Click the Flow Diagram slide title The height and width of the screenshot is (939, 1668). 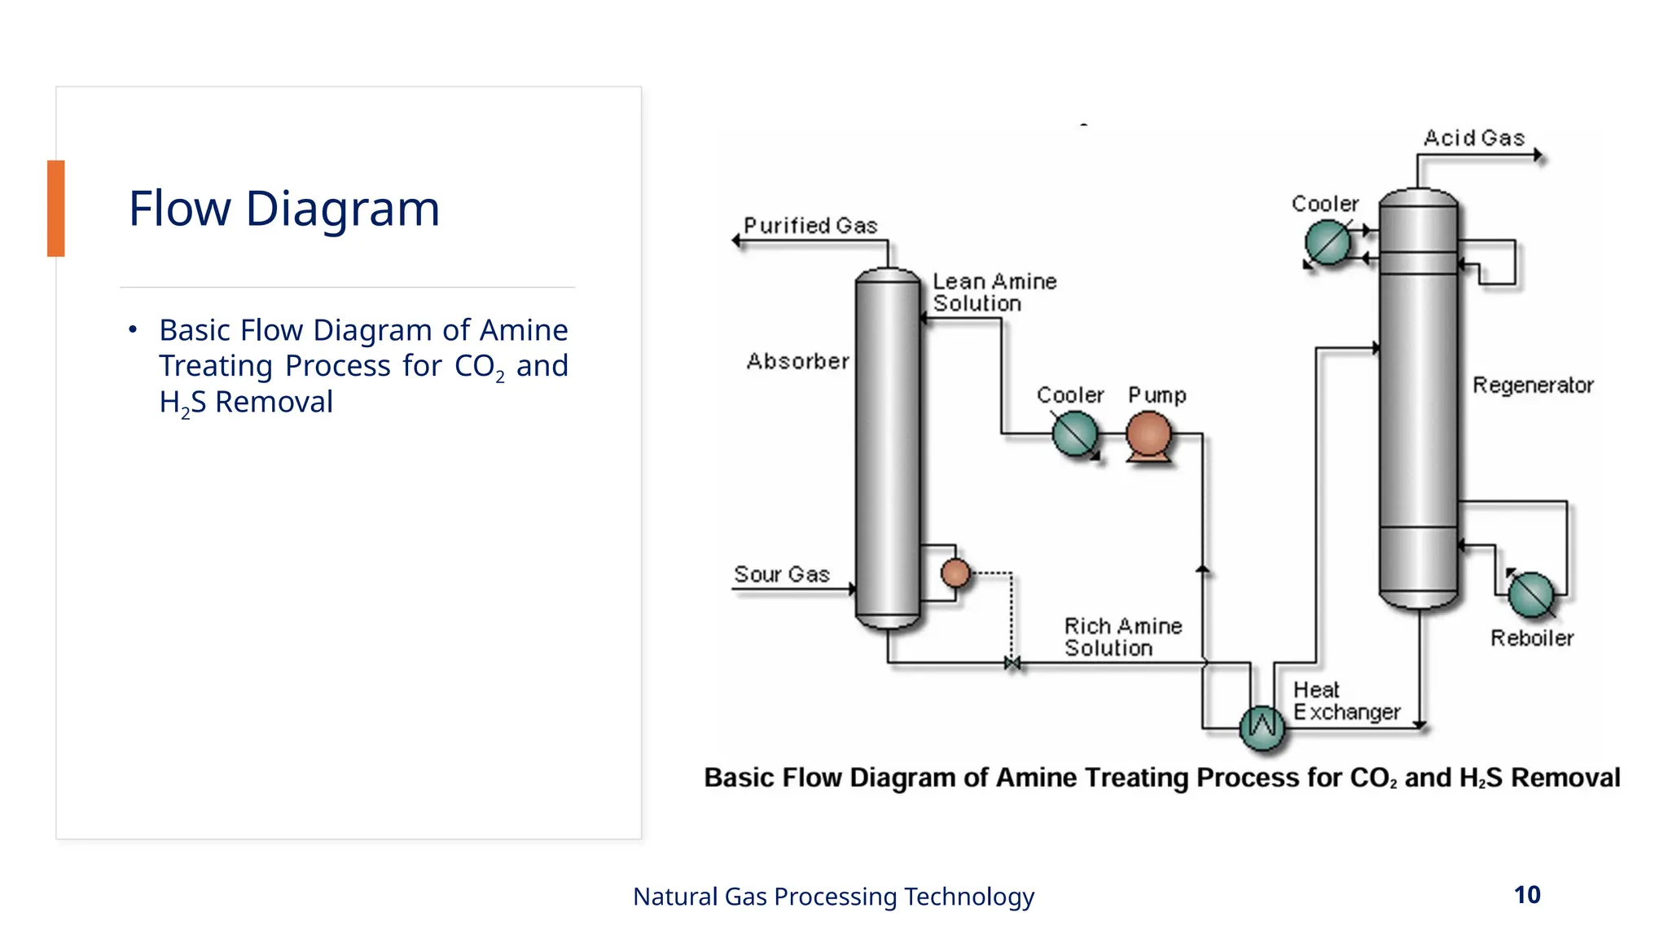click(x=284, y=209)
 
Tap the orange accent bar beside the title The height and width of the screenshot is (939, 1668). click(x=55, y=209)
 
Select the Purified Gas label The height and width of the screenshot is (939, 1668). click(x=810, y=226)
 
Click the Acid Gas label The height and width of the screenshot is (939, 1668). click(x=1474, y=139)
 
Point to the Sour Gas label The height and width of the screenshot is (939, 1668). click(x=782, y=575)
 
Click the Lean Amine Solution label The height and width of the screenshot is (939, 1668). click(x=994, y=293)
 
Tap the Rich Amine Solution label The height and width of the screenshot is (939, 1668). click(x=1123, y=637)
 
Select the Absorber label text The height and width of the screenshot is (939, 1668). click(x=798, y=361)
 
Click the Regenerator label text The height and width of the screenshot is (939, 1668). click(x=1533, y=386)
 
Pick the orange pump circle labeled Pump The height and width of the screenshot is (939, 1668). click(x=1149, y=434)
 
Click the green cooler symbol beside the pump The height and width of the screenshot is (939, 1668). click(x=1075, y=434)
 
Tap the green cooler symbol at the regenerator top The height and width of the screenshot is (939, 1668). click(x=1328, y=243)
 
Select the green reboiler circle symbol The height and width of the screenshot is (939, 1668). click(x=1531, y=594)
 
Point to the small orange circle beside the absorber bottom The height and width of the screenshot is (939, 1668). click(x=955, y=573)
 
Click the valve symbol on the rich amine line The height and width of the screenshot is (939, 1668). click(x=1012, y=663)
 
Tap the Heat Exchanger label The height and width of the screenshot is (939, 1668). click(x=1347, y=701)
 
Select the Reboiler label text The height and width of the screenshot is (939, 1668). click(x=1532, y=638)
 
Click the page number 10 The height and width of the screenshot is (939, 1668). click(x=1527, y=895)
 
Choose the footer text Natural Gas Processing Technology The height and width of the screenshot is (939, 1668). click(x=833, y=897)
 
